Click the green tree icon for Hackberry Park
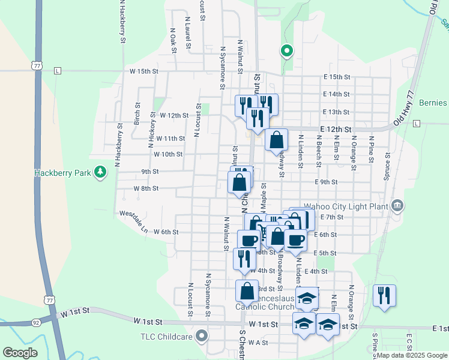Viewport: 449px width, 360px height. coord(100,173)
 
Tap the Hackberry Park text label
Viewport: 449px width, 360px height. coord(62,173)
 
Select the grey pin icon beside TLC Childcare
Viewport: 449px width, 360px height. coord(202,336)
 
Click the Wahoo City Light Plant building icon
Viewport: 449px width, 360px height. coord(397,206)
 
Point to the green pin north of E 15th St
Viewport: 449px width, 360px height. coord(286,52)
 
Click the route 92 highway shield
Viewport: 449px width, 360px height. coord(37,322)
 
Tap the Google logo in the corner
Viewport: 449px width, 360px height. coord(20,353)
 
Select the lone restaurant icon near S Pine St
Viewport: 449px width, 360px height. coord(384,296)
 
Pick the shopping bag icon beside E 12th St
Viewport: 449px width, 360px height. coord(276,140)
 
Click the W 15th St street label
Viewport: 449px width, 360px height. coord(143,71)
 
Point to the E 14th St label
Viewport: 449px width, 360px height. coord(336,94)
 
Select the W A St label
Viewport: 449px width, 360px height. coord(258,343)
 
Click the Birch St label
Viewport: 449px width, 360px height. coord(137,113)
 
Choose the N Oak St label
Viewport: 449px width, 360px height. coord(173,40)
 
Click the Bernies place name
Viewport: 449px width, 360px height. coord(433,103)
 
